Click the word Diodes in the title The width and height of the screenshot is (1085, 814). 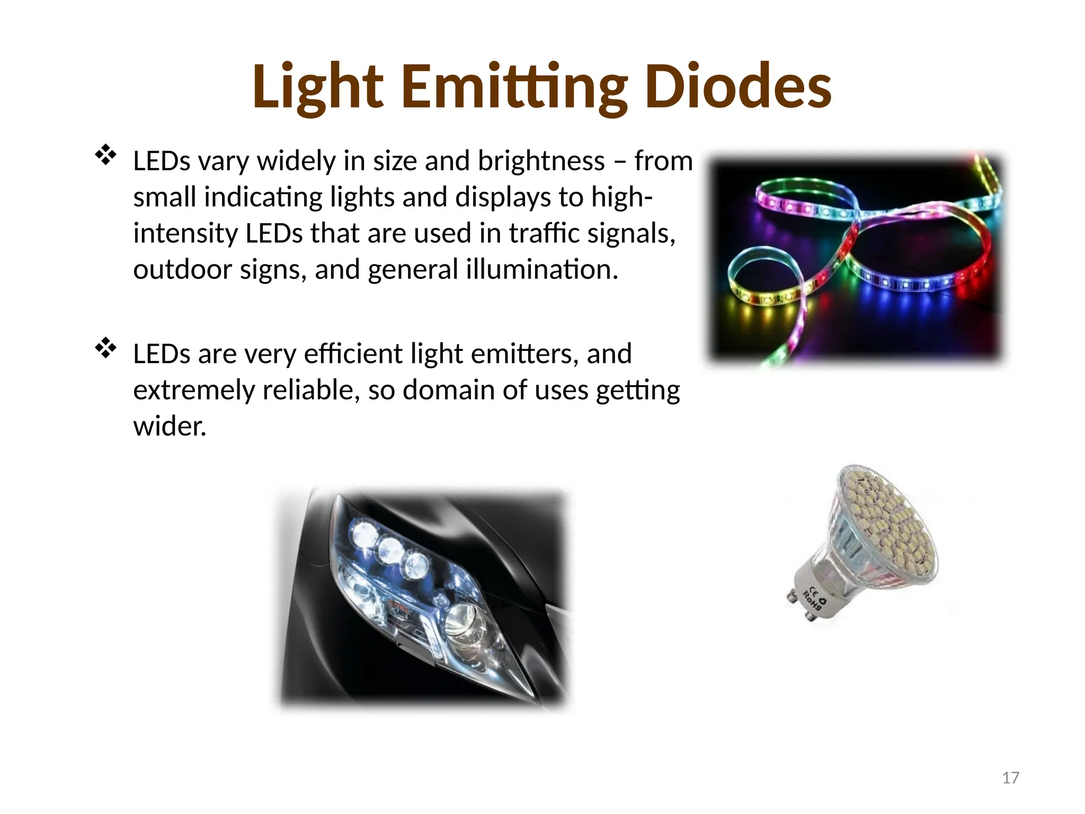[x=738, y=86]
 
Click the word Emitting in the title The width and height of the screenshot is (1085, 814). [x=514, y=86]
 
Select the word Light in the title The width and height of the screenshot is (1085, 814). [x=317, y=86]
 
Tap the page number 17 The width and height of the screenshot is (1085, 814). [x=1010, y=777]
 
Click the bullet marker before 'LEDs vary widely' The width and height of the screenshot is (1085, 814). [x=105, y=155]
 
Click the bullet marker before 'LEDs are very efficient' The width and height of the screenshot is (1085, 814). [x=105, y=348]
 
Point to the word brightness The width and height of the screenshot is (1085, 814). [x=541, y=161]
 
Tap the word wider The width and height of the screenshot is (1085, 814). [x=169, y=426]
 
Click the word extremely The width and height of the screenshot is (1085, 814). [x=194, y=390]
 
